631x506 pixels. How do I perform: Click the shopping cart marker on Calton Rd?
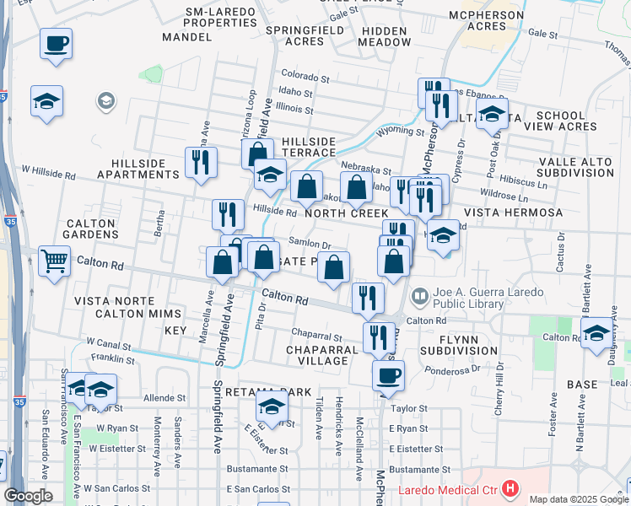pos(54,260)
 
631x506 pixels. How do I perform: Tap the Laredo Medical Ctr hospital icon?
pos(510,488)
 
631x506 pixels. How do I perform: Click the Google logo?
pos(28,496)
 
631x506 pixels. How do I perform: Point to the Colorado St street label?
pos(309,74)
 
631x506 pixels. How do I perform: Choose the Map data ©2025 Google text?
pos(577,499)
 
